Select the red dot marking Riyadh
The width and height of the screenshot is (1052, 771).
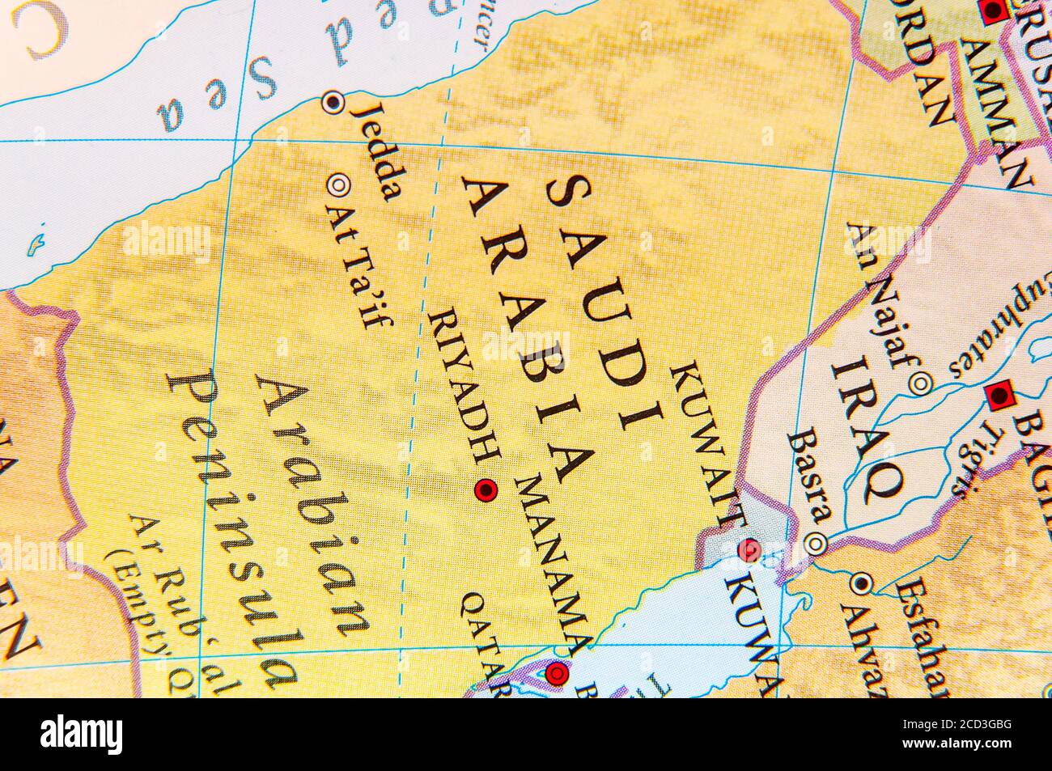tap(486, 489)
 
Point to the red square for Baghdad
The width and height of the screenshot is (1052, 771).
tap(1000, 396)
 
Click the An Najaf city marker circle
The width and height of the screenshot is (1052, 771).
tap(919, 383)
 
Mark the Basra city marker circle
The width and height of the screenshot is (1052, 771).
tap(818, 543)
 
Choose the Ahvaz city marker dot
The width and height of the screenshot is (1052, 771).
tap(861, 582)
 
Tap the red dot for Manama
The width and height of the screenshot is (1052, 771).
tap(558, 672)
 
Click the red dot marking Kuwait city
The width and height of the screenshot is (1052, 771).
tap(749, 550)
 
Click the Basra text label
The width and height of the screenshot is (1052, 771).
tap(810, 477)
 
